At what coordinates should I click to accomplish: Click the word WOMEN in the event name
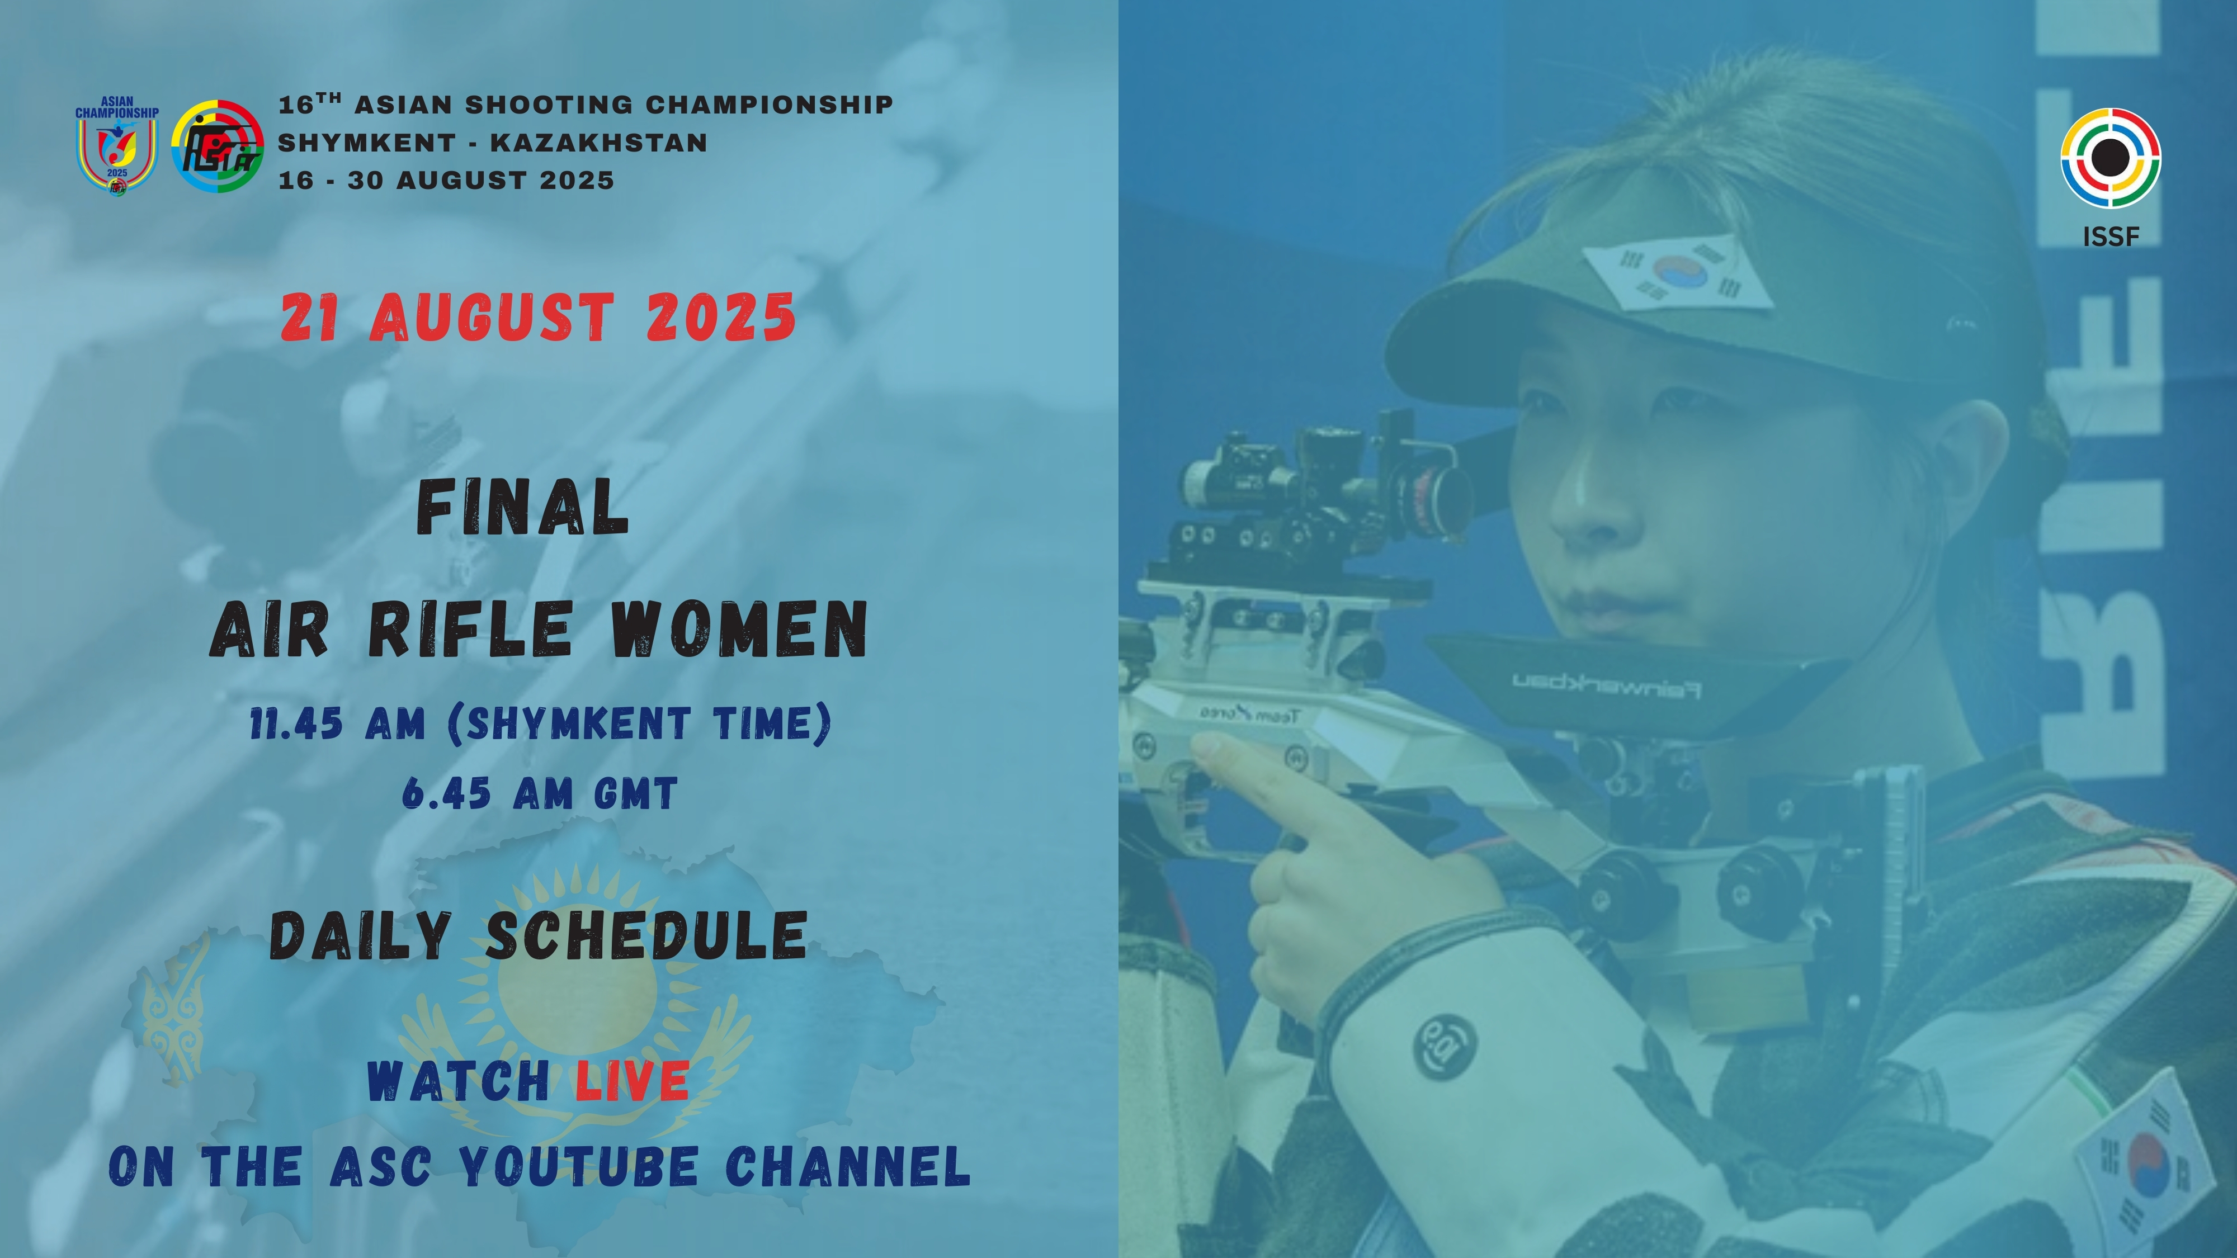[739, 630]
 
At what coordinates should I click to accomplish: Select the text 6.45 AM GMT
[539, 793]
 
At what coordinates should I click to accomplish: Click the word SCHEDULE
[647, 936]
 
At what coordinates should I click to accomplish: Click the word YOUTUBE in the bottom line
[578, 1166]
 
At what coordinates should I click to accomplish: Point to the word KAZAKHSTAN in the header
[599, 143]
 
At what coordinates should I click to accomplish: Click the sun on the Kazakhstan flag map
[578, 999]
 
